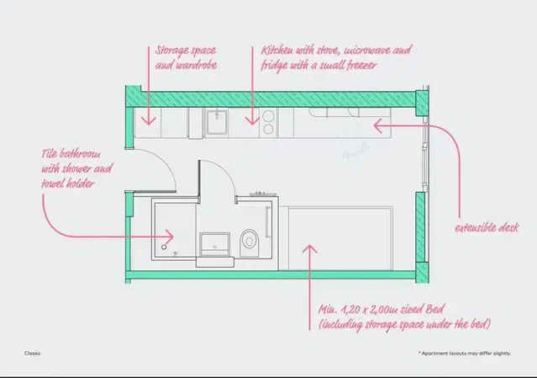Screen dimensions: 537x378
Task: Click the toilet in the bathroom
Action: [x=250, y=242]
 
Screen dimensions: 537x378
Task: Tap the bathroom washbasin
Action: [x=215, y=244]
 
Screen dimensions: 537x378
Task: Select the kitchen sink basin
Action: [x=217, y=122]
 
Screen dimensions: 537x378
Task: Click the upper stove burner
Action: [x=269, y=115]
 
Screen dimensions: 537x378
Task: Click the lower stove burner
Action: [x=269, y=130]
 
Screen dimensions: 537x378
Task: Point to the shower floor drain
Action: [x=164, y=247]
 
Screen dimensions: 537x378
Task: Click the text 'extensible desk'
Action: [x=487, y=228]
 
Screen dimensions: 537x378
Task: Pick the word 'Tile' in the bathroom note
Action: [x=49, y=153]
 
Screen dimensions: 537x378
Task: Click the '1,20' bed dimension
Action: [x=349, y=310]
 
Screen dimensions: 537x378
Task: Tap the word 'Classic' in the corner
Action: [x=33, y=354]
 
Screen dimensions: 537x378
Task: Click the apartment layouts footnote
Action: [x=465, y=354]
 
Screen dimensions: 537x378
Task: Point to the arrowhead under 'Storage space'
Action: [x=149, y=120]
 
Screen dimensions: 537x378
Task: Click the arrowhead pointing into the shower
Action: [x=169, y=236]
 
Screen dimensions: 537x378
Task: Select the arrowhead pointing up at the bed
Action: [x=309, y=249]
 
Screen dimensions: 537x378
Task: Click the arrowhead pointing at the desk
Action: [x=378, y=125]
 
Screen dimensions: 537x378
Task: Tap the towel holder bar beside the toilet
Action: [x=267, y=221]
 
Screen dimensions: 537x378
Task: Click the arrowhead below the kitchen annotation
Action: [x=253, y=120]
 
